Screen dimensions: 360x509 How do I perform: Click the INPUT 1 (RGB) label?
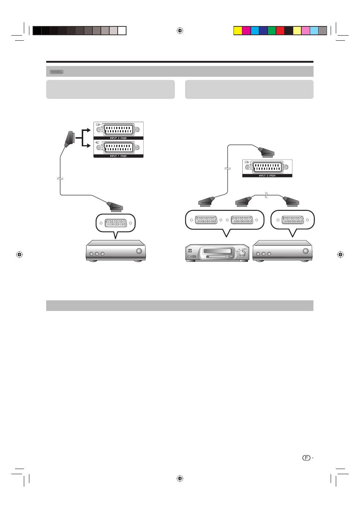118,156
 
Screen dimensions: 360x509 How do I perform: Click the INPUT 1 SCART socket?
119,147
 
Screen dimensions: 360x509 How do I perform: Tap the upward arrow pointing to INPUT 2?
87,130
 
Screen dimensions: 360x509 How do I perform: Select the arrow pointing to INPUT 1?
87,146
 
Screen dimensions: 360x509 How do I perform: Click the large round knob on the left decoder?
139,251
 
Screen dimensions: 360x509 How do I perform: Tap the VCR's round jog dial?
242,253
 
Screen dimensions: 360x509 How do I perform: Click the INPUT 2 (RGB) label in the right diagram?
267,176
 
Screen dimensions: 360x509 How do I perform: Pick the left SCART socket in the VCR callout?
206,220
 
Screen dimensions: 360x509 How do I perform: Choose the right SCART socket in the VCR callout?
242,220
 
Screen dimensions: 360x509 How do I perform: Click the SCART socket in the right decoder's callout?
293,220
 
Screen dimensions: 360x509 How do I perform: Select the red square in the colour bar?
280,31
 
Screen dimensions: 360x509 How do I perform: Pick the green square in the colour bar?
272,31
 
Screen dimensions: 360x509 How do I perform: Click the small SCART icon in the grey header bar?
56,72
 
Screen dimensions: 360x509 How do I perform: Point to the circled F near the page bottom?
306,458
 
